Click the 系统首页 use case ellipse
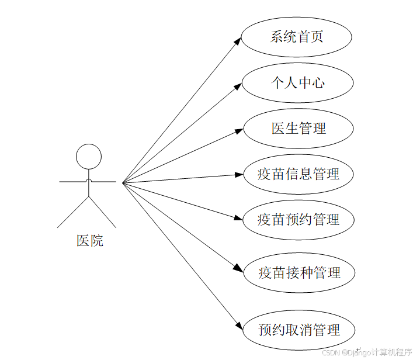click(x=296, y=37)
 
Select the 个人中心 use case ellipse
click(x=297, y=82)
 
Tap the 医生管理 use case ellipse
click(x=298, y=128)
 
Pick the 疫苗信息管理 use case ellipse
click(x=298, y=174)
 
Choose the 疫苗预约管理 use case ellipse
click(x=298, y=220)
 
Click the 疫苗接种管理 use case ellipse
click(x=298, y=272)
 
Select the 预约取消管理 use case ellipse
click(x=298, y=330)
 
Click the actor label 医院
click(x=90, y=240)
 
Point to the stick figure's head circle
click(x=89, y=156)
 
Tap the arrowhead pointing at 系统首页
click(x=238, y=41)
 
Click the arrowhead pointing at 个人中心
click(x=238, y=86)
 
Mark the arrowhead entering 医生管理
click(x=239, y=131)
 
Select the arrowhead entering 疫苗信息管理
click(x=239, y=174)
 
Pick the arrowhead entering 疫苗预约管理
click(x=238, y=218)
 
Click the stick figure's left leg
click(x=73, y=212)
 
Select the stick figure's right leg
click(x=103, y=212)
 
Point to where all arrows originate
click(x=123, y=182)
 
